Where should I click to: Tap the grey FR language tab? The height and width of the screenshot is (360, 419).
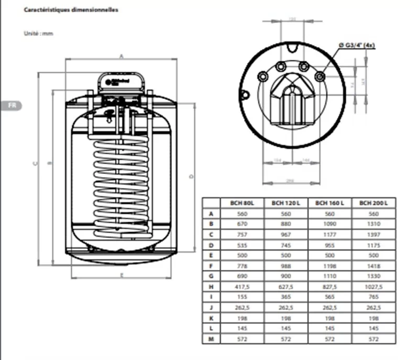11,105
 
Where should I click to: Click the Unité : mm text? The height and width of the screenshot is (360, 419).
39,34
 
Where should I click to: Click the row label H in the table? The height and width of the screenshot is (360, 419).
211,287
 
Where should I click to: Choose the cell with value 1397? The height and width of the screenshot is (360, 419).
374,234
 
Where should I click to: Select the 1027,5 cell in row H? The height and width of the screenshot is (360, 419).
374,287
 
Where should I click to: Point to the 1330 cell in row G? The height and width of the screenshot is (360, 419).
374,276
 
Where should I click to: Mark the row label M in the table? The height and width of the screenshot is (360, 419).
211,339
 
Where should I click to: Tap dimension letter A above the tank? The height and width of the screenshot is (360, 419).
121,55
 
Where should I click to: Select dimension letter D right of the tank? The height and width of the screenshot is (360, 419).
192,176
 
